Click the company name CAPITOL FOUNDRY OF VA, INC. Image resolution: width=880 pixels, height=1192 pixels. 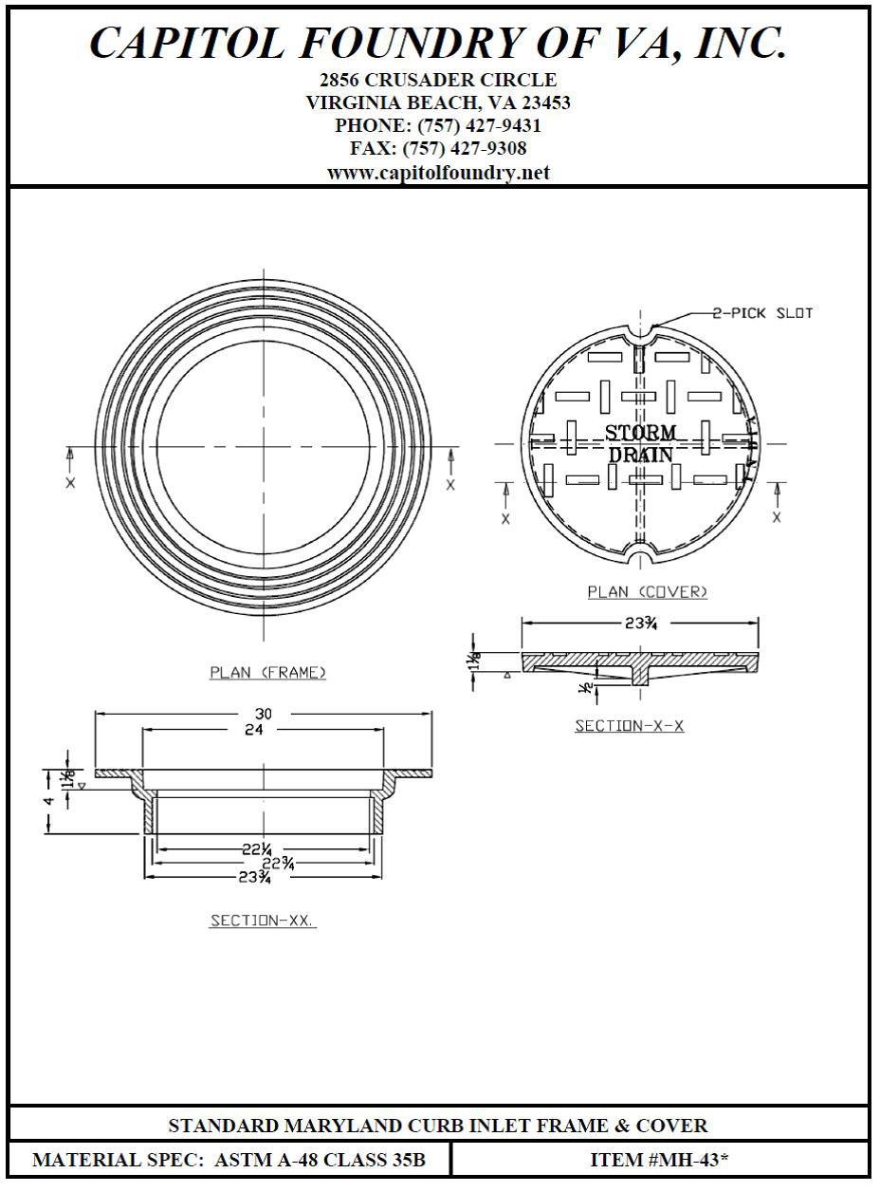[x=438, y=43]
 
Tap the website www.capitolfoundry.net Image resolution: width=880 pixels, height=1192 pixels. [x=438, y=173]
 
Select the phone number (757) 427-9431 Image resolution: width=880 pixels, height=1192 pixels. [x=479, y=125]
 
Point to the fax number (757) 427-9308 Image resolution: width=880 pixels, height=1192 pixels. [x=465, y=148]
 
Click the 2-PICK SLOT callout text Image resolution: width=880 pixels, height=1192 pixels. [x=762, y=313]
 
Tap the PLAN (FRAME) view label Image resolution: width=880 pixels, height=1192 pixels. [x=267, y=672]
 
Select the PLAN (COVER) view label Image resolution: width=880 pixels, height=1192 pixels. [x=647, y=591]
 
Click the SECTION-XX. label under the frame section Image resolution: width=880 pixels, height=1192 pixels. [x=262, y=921]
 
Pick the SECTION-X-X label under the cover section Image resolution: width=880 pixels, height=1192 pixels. [x=629, y=725]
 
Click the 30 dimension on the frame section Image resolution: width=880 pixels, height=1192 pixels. [x=264, y=713]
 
